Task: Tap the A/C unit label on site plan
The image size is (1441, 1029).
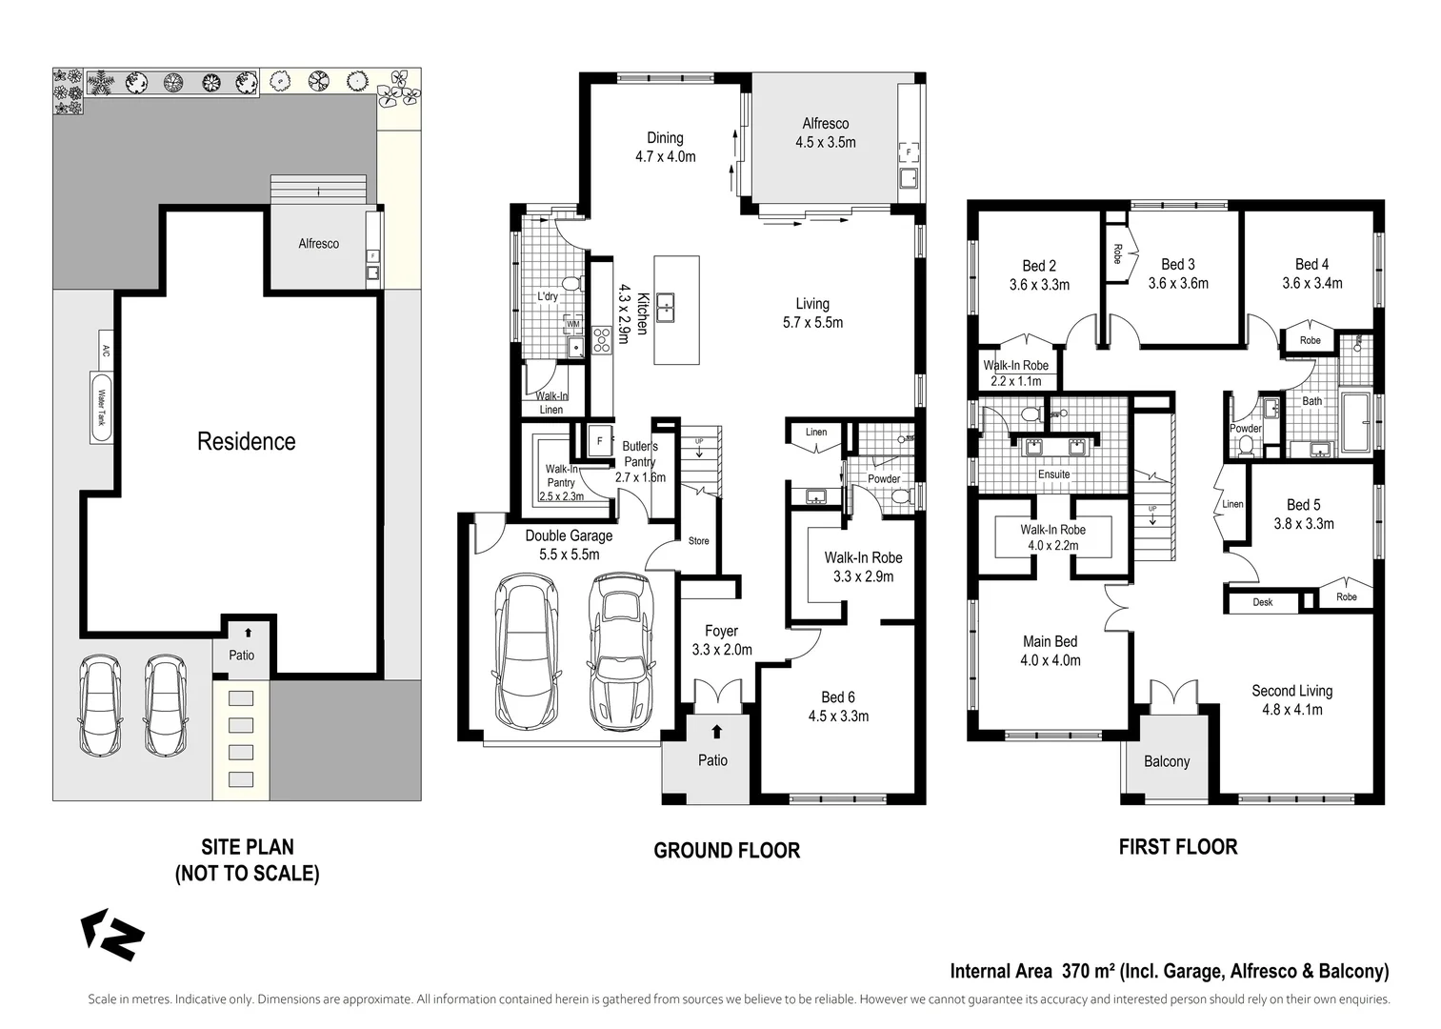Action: [x=106, y=347]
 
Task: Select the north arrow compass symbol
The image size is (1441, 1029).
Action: [x=112, y=934]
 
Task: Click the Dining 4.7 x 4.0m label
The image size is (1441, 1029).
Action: [x=665, y=147]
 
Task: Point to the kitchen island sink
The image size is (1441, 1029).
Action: [x=666, y=307]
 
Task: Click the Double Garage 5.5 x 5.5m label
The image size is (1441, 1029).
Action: [x=569, y=545]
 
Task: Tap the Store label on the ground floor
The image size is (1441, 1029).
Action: [x=698, y=541]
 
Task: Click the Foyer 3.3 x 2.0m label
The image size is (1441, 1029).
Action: [x=721, y=640]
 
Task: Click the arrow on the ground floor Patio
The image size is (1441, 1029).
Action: [x=716, y=732]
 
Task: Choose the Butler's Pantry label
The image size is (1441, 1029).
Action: [x=640, y=461]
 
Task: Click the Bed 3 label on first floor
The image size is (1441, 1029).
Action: [x=1178, y=273]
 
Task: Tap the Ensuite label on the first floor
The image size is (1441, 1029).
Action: [x=1053, y=474]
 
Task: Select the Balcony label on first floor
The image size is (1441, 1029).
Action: [x=1167, y=761]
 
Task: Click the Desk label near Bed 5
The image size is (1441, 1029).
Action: [x=1262, y=602]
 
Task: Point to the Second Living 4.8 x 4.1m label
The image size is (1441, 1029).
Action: [x=1291, y=699]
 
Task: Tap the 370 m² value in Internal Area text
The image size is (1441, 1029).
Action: [x=1085, y=972]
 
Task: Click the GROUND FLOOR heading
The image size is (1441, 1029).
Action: [x=727, y=851]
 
